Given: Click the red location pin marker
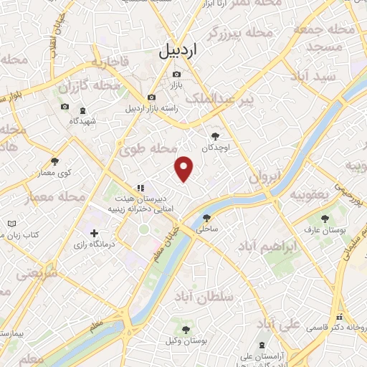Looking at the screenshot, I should tap(184, 168).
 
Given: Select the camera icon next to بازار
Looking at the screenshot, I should tap(176, 74).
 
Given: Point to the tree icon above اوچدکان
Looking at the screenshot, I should tap(215, 134).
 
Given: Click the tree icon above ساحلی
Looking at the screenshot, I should tap(206, 218).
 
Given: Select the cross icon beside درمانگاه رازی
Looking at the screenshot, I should tap(94, 233).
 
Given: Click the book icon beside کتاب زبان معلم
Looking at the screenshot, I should tap(11, 224).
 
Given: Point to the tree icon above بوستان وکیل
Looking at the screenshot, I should tap(186, 330).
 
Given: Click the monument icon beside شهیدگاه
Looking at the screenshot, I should tap(82, 110).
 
